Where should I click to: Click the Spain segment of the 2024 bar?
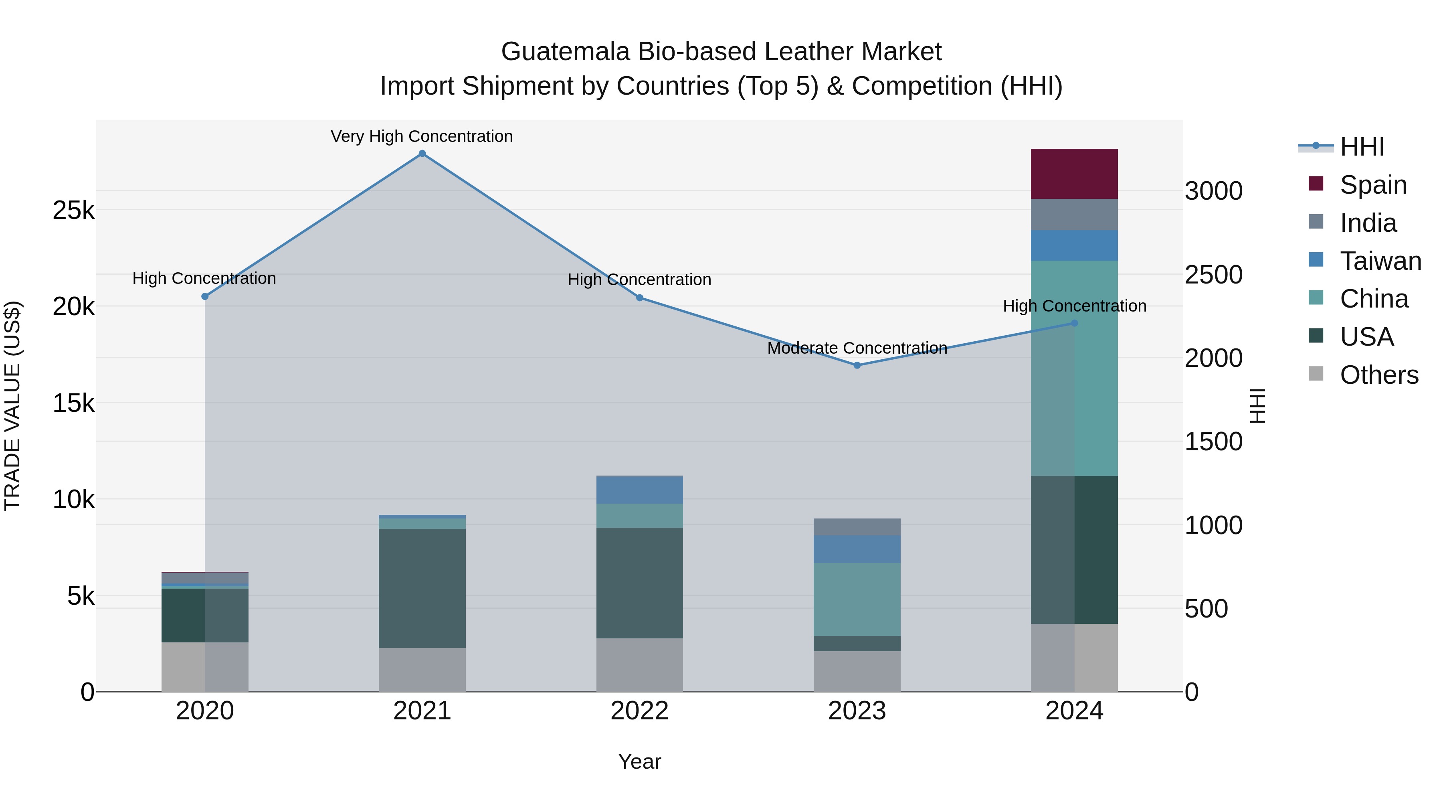[1074, 174]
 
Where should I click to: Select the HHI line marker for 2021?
[422, 154]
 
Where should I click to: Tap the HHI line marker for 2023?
[857, 365]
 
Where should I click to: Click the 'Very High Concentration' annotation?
[422, 136]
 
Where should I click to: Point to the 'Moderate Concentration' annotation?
[857, 348]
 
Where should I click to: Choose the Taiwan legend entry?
[1380, 261]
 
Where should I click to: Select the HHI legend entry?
[1361, 147]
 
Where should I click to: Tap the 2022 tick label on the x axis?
[639, 711]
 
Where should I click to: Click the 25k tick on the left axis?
[73, 211]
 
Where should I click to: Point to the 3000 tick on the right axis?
[1213, 191]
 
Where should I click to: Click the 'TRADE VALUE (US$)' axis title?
[12, 406]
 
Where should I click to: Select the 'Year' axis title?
[639, 761]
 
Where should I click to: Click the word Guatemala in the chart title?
[565, 52]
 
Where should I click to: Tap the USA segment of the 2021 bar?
[422, 588]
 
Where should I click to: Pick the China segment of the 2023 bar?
[857, 599]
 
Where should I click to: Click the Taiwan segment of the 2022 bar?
[639, 490]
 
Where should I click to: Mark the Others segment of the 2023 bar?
[857, 671]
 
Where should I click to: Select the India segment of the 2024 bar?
[1074, 215]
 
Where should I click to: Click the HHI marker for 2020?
[205, 296]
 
